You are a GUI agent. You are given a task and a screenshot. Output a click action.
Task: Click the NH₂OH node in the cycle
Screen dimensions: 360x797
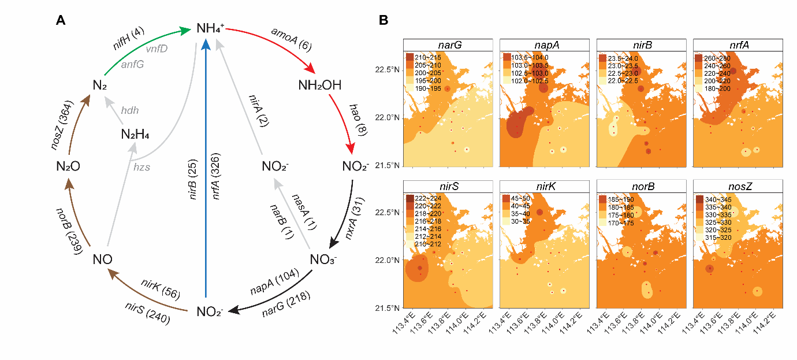(x=319, y=86)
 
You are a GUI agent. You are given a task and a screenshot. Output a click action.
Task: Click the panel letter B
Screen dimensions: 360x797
(x=382, y=21)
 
